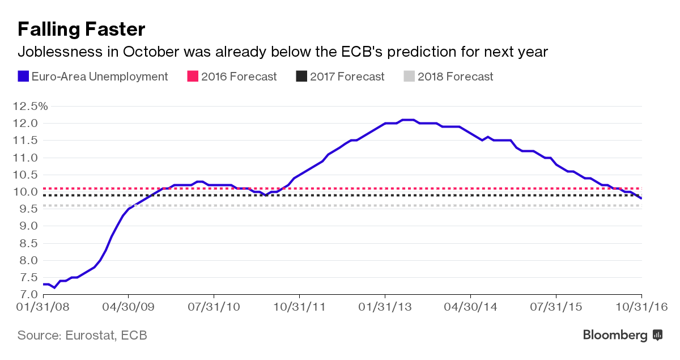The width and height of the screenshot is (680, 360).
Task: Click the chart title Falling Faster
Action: click(82, 29)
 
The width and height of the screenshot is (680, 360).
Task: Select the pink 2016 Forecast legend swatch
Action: click(192, 76)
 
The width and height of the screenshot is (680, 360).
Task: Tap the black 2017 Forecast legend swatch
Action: click(301, 76)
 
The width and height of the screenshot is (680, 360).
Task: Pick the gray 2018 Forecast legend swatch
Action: click(409, 76)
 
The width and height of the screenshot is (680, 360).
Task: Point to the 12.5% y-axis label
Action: click(27, 106)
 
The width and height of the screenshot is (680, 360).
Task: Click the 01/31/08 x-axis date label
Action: click(44, 307)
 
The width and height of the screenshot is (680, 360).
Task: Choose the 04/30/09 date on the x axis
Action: click(129, 307)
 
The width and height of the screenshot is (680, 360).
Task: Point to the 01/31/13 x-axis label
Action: click(385, 307)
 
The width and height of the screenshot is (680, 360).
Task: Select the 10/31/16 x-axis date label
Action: click(641, 307)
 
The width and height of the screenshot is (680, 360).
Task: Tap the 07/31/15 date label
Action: click(556, 307)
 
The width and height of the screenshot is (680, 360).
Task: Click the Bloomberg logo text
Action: click(615, 335)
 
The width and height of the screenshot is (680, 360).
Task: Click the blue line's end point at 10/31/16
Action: click(641, 198)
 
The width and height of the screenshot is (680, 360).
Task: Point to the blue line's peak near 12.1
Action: click(408, 120)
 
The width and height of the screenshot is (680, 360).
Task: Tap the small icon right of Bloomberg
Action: click(658, 335)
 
